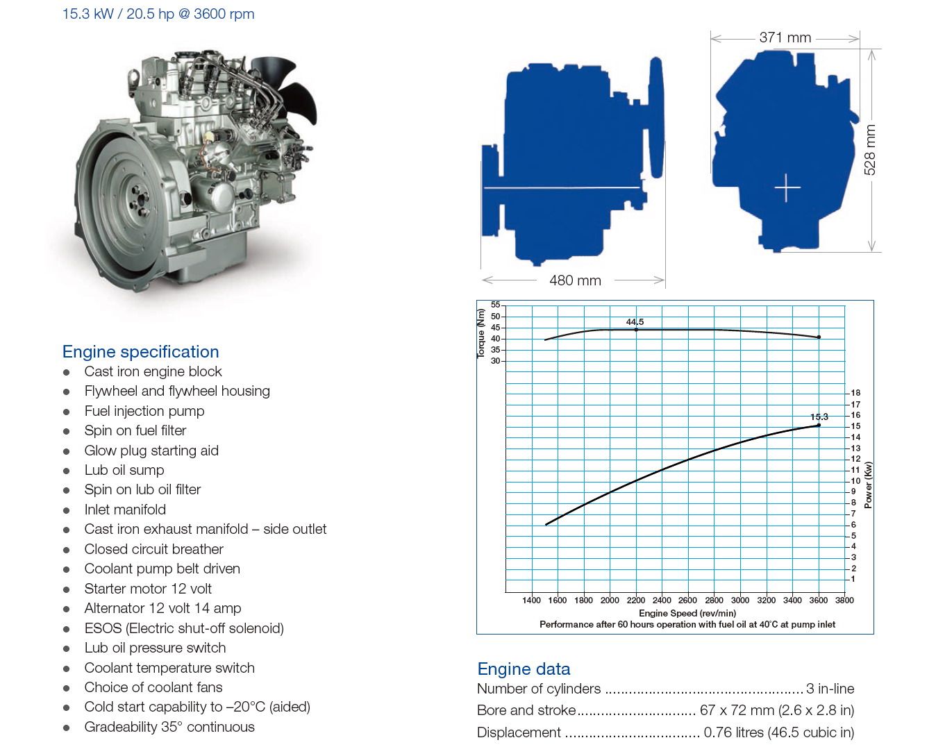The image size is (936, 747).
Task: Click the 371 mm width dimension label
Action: point(785,37)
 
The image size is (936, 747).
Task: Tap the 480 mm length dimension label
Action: point(575,280)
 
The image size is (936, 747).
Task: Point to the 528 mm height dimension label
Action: point(869,150)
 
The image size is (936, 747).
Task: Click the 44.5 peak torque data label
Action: point(635,321)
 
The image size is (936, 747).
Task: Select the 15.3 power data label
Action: point(819,417)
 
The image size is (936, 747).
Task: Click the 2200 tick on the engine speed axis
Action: point(635,601)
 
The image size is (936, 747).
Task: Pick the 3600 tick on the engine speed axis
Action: point(818,601)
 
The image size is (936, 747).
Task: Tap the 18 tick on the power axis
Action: point(855,393)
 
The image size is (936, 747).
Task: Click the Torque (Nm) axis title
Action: point(480,333)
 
